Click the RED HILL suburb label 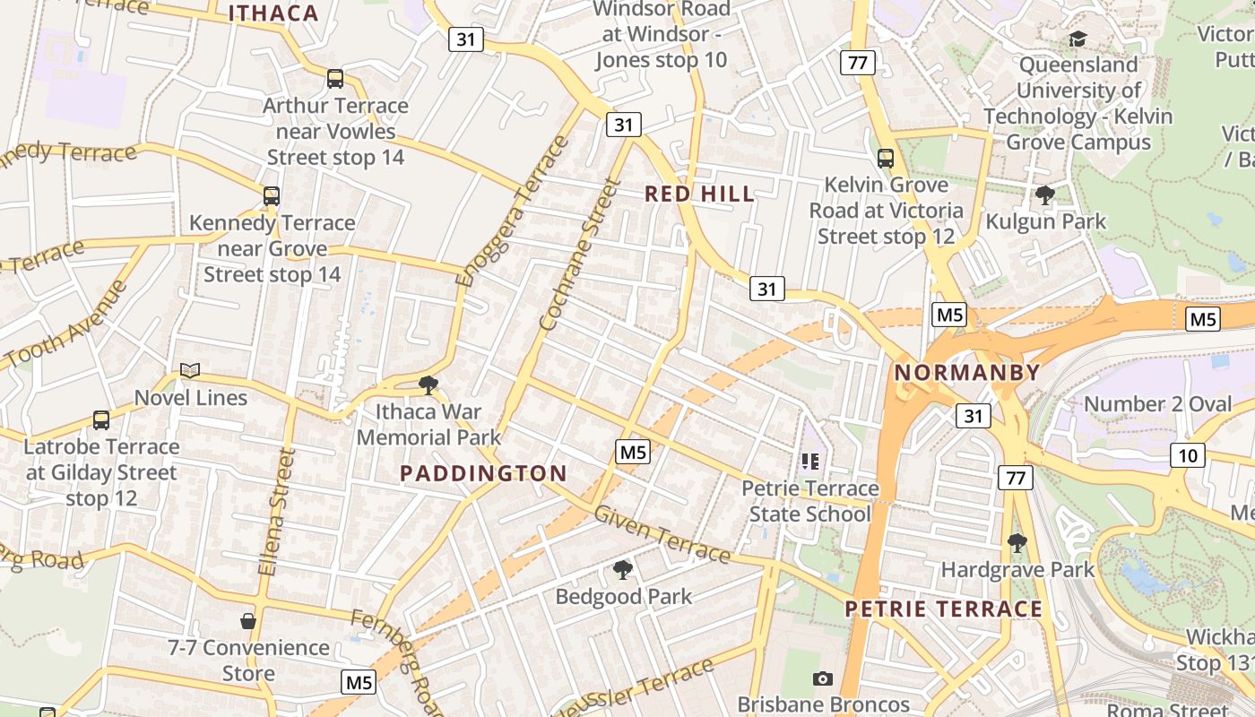(699, 194)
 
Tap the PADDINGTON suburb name (483, 473)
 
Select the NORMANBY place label (967, 373)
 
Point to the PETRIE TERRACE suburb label (944, 609)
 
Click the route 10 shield (1187, 455)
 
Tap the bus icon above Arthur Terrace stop (335, 79)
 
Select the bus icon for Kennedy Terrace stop (272, 195)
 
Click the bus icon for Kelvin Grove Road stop (886, 159)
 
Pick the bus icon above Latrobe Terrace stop (101, 419)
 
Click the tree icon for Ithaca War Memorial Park (428, 385)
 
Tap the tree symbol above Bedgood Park (623, 569)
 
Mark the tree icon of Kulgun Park (1044, 194)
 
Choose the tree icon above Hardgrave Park (1017, 542)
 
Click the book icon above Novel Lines (190, 370)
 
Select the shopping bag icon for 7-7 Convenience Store (248, 620)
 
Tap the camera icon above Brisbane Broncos (822, 678)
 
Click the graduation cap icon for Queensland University (1078, 39)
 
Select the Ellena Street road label (276, 511)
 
